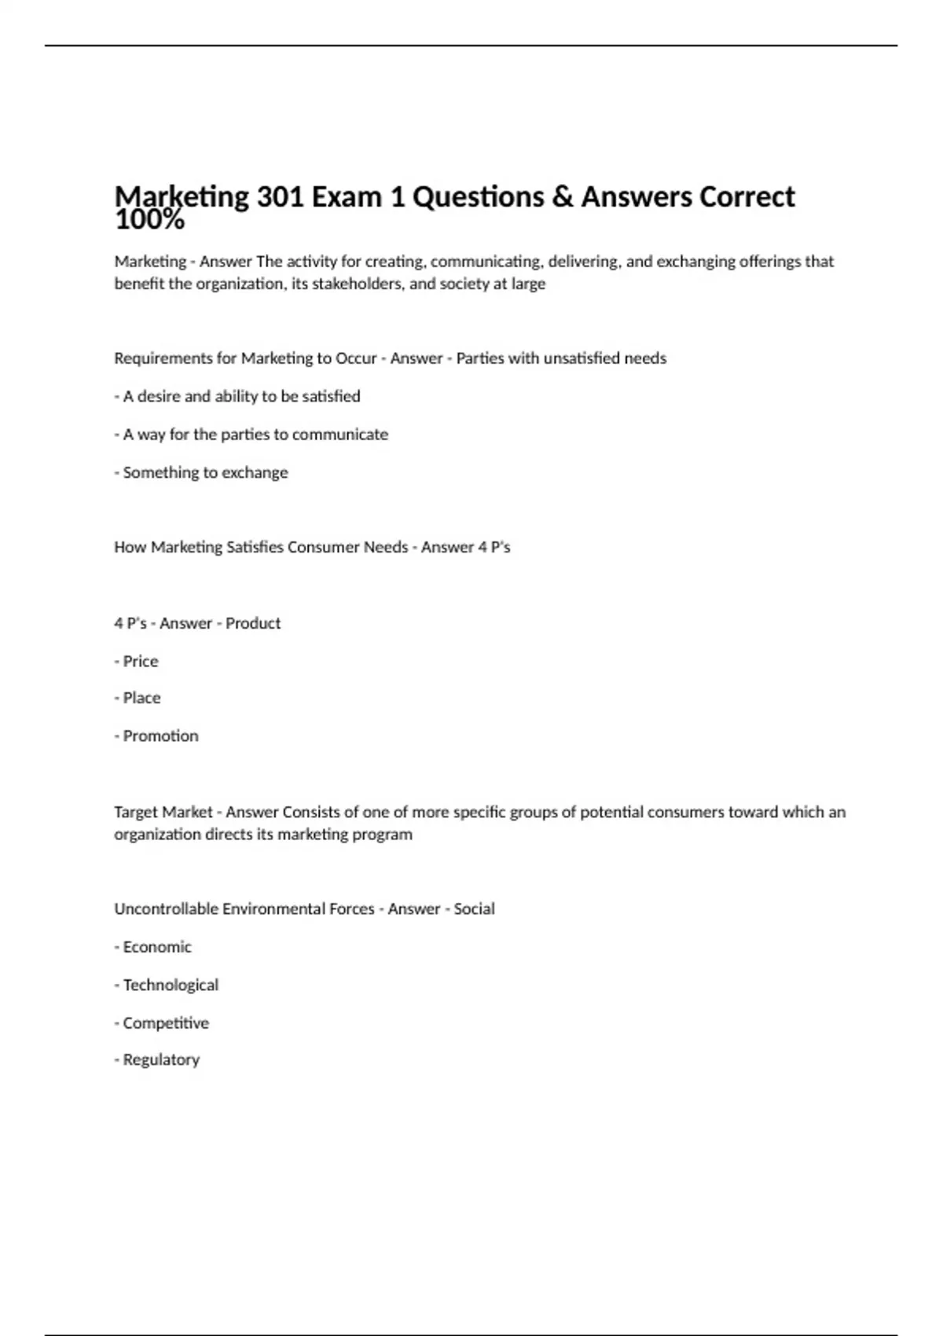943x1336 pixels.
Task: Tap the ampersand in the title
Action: click(562, 196)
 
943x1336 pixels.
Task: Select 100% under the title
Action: click(149, 221)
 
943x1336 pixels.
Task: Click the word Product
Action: click(253, 623)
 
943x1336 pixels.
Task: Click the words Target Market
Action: click(163, 812)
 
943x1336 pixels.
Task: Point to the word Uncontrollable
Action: click(166, 909)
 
